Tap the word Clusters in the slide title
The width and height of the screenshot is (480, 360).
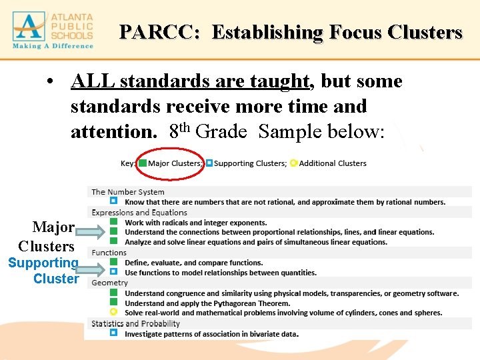point(423,32)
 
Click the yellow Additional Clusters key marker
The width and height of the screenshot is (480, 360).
point(294,163)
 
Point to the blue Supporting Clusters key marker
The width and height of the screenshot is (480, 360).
point(209,163)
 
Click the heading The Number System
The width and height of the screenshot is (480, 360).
point(128,192)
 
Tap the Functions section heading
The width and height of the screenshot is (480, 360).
point(109,253)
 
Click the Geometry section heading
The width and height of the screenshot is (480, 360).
point(110,283)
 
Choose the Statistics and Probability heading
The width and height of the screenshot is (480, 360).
point(136,323)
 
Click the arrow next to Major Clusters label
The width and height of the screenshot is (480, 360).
point(91,233)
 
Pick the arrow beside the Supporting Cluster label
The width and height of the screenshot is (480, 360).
point(91,270)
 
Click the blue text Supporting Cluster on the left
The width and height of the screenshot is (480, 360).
point(44,271)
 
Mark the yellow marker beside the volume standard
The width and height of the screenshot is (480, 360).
point(113,312)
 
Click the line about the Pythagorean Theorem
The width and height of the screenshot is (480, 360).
point(207,303)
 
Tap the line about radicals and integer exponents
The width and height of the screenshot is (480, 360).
point(196,223)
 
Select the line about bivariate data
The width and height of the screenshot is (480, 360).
point(211,334)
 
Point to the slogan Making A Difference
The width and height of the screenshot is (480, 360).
point(53,46)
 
